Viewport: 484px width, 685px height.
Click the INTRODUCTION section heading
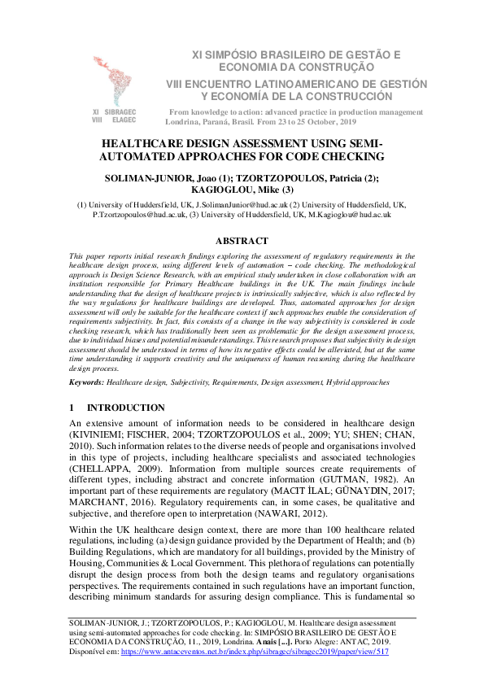[x=125, y=407]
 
